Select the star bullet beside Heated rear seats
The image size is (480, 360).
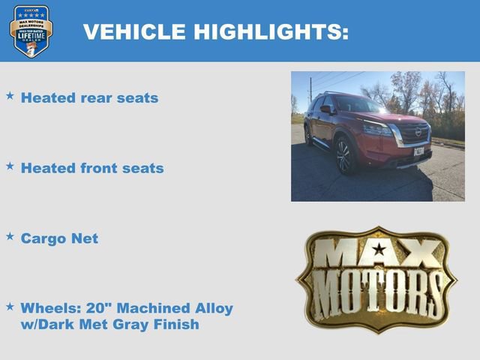10,96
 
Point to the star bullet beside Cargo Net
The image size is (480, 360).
10,236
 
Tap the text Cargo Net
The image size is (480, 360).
59,238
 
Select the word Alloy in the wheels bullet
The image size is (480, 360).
213,308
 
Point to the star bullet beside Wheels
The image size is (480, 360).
10,307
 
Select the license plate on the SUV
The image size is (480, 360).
418,151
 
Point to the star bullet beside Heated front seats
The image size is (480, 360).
10,166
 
